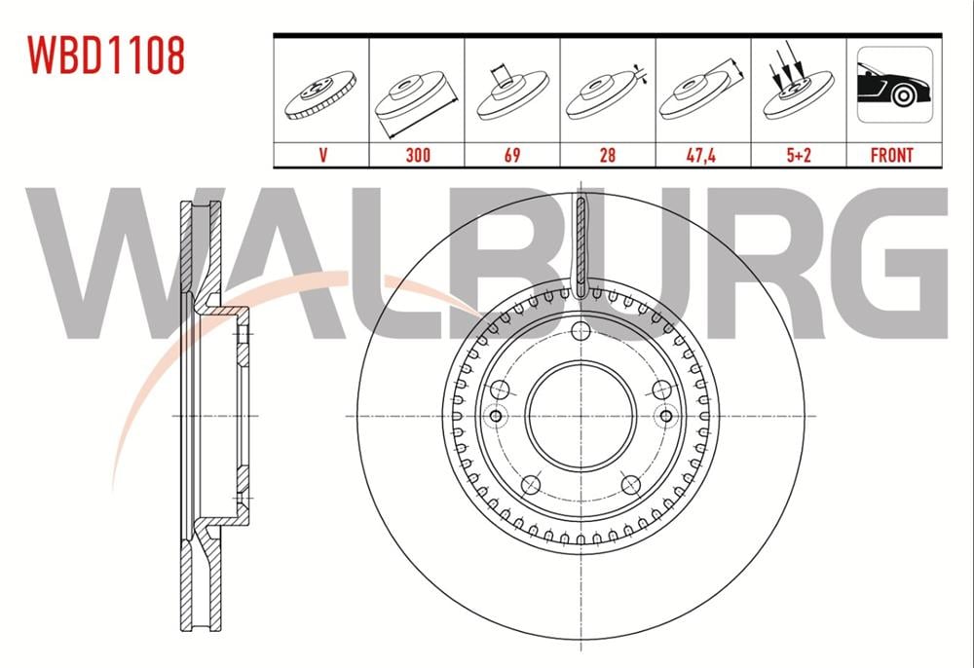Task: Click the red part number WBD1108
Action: tap(105, 56)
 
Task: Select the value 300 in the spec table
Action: tap(418, 155)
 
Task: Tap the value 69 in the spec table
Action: tap(512, 155)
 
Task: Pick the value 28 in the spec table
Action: tap(608, 155)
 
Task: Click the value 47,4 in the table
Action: tap(701, 155)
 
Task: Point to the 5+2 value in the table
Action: tap(799, 155)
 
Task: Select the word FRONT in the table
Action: tap(892, 155)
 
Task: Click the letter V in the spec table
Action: tap(322, 155)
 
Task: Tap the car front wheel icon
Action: tap(894, 85)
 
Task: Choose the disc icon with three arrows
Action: tap(797, 83)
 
